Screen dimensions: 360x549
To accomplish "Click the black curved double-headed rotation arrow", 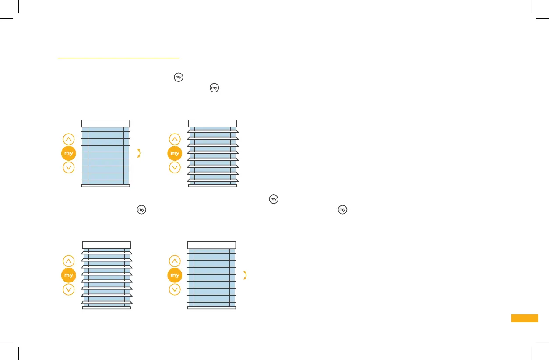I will pyautogui.click(x=139, y=153).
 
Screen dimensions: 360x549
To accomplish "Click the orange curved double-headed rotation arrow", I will pyautogui.click(x=245, y=275).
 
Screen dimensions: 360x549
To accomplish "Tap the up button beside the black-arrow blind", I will pyautogui.click(x=69, y=139).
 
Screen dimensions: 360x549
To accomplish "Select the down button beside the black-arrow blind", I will pyautogui.click(x=69, y=167).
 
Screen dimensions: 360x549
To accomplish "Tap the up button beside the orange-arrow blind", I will pyautogui.click(x=175, y=261).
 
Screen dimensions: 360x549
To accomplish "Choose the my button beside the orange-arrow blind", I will pyautogui.click(x=175, y=275).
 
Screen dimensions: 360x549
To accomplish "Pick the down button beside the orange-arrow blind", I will pyautogui.click(x=175, y=289).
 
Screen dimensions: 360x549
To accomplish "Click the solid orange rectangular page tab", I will pyautogui.click(x=524, y=318).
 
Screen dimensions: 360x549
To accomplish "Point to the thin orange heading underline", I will pyautogui.click(x=119, y=57).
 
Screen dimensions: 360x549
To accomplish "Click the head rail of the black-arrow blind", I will pyautogui.click(x=106, y=123).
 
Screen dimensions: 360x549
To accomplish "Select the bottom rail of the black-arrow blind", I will pyautogui.click(x=106, y=186).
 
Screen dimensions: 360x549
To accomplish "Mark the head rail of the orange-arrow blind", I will pyautogui.click(x=211, y=245).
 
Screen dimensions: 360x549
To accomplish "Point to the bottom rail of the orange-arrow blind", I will pyautogui.click(x=211, y=308).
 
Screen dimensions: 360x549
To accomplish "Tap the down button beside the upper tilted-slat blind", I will pyautogui.click(x=175, y=167).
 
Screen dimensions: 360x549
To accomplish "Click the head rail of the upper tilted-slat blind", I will pyautogui.click(x=212, y=123).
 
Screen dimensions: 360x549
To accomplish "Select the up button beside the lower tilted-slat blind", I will pyautogui.click(x=69, y=261).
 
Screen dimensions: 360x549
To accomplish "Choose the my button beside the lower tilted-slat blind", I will pyautogui.click(x=69, y=275).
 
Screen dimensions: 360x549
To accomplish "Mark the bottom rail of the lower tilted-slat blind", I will pyautogui.click(x=106, y=308).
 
